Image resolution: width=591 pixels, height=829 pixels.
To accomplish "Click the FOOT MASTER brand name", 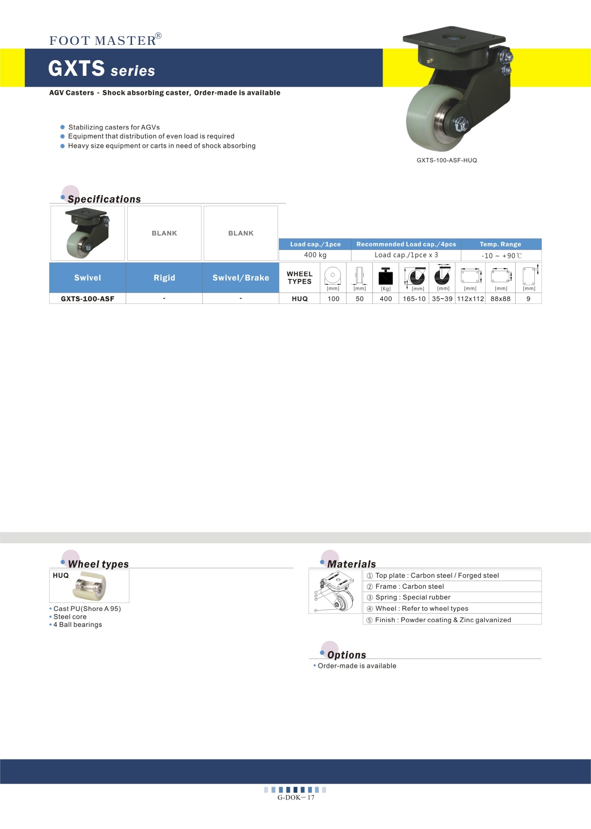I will (103, 41).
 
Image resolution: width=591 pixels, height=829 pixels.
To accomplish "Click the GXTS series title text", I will (102, 69).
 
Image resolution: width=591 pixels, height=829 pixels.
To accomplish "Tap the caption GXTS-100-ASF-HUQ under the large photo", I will (447, 160).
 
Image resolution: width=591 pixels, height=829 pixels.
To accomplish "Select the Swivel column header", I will (88, 278).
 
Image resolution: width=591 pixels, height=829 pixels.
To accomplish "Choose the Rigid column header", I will (164, 278).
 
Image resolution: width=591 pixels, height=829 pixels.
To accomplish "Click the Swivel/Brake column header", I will (241, 278).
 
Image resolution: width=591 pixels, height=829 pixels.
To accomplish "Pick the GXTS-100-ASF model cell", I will (88, 299).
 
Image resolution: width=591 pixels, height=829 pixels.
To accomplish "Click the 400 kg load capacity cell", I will (315, 255).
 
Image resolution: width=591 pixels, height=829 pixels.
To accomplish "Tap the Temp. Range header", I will (500, 244).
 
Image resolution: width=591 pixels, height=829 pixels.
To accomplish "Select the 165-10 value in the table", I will (414, 299).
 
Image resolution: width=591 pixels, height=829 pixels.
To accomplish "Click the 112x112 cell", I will (470, 299).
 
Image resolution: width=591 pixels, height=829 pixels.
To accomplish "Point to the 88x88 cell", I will (500, 299).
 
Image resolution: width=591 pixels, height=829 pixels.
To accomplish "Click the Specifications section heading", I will (104, 199).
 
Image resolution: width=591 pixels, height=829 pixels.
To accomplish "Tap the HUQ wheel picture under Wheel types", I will (90, 586).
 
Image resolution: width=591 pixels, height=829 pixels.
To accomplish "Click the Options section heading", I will (346, 655).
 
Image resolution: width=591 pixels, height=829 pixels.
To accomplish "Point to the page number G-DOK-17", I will (296, 798).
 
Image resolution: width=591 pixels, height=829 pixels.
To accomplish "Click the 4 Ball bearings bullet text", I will (78, 624).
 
